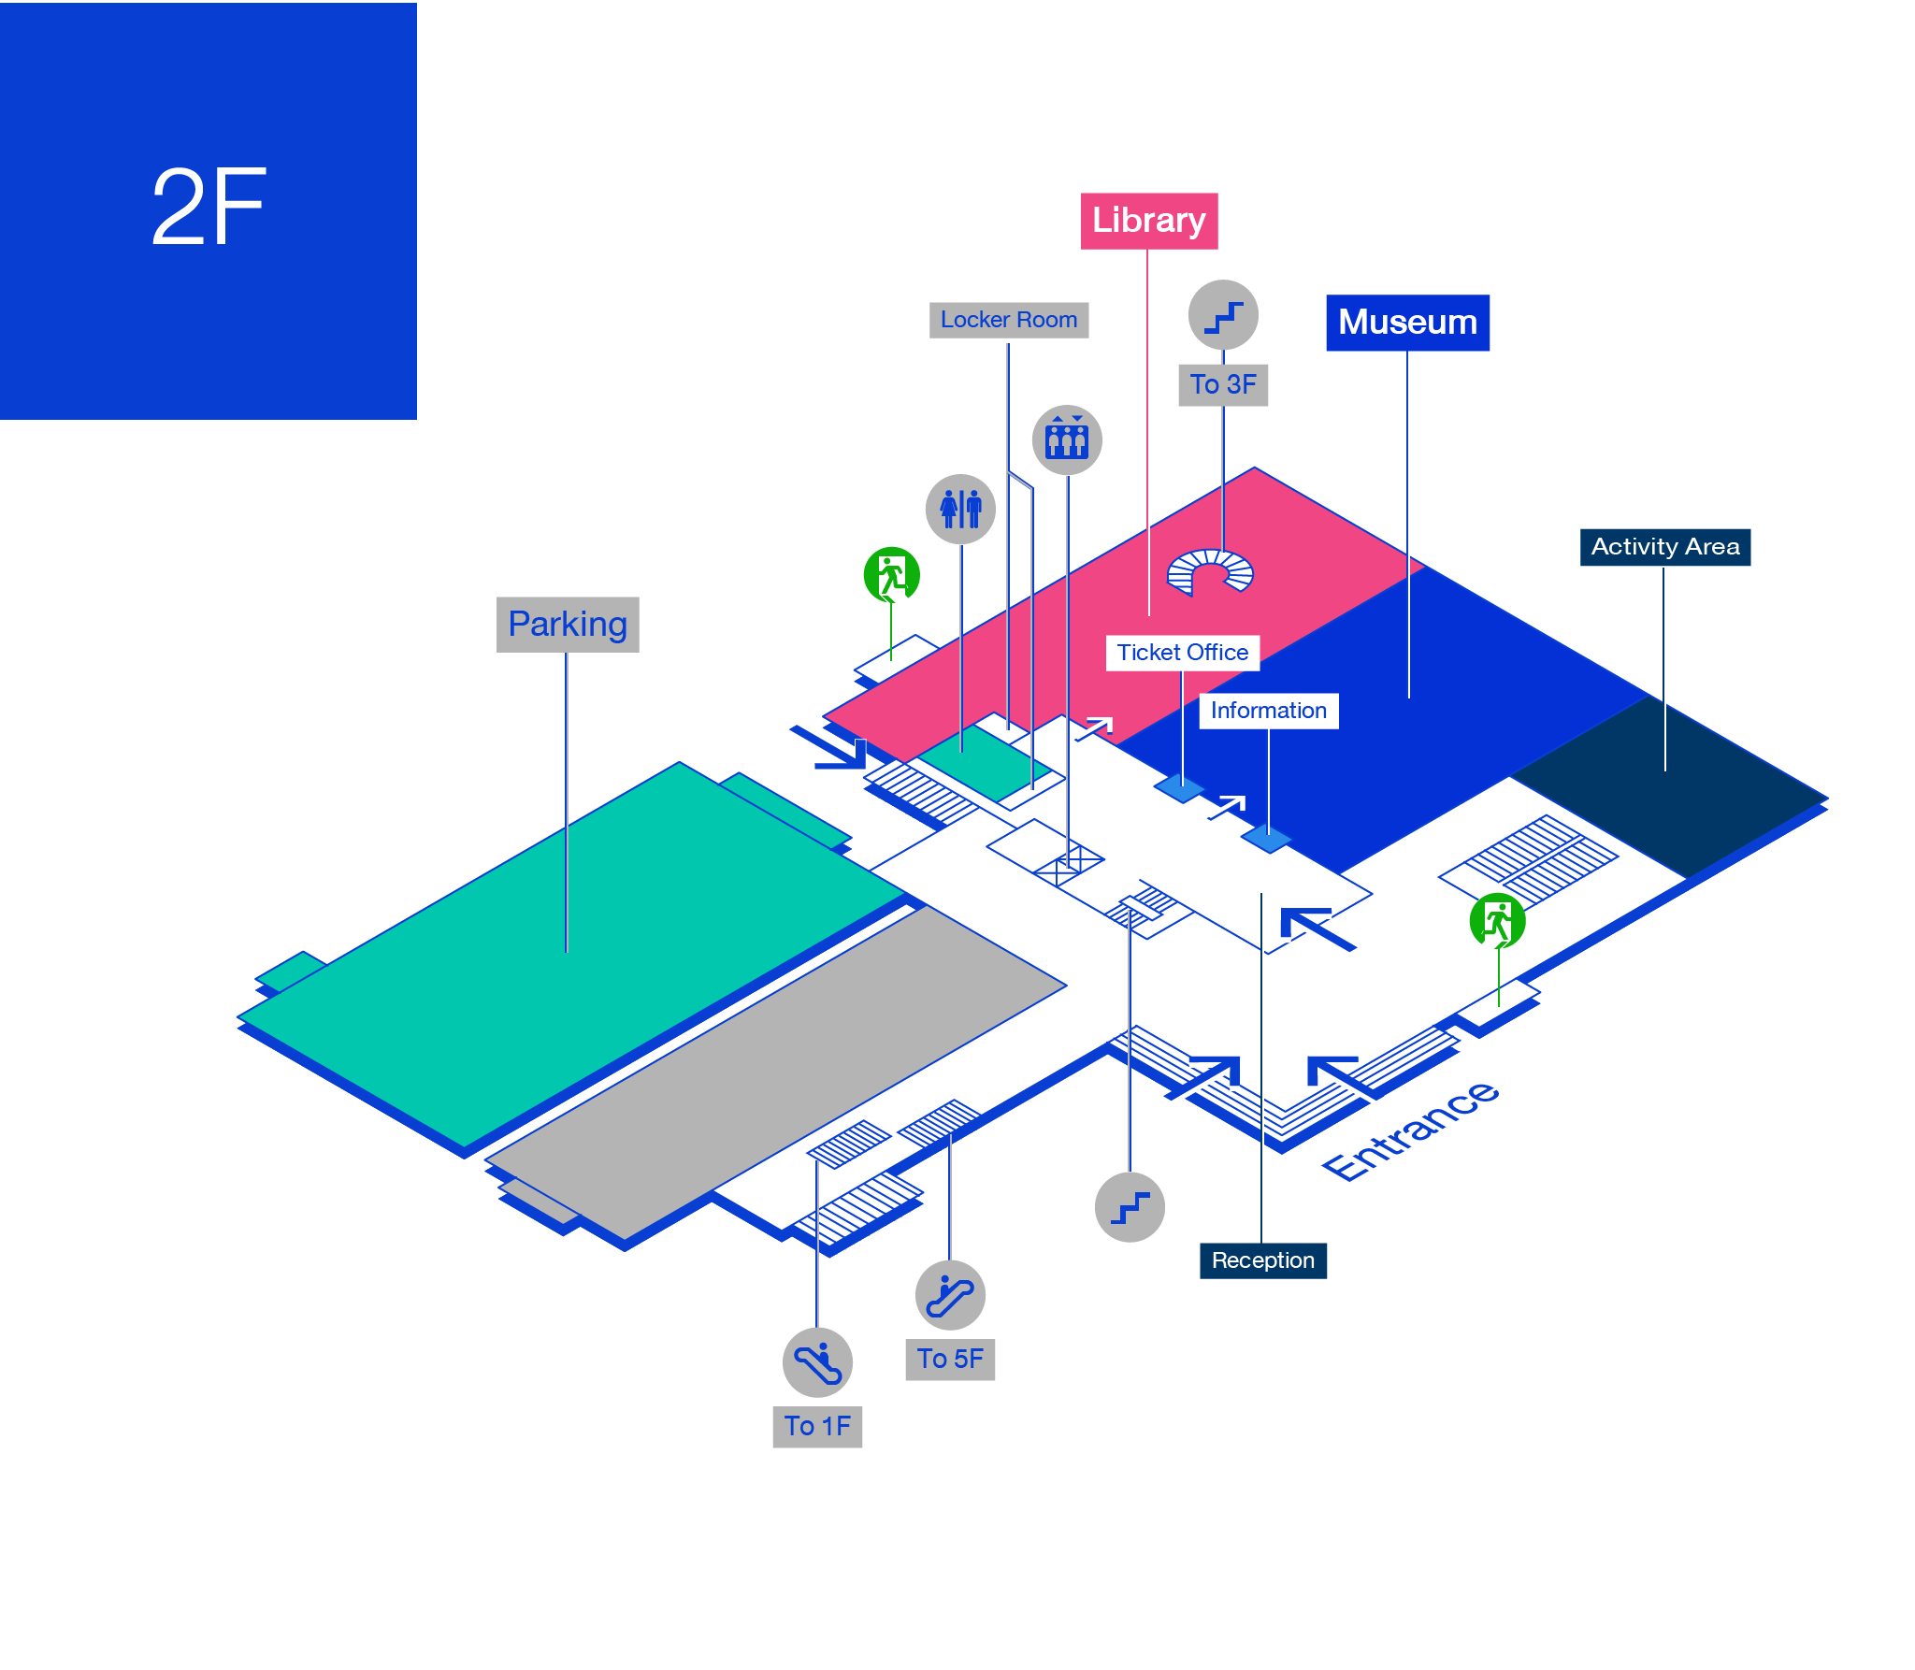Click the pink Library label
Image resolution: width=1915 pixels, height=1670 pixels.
click(1149, 221)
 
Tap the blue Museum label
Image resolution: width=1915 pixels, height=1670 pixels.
click(1407, 323)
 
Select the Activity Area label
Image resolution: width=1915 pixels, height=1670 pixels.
click(1665, 547)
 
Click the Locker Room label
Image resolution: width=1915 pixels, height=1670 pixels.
click(1009, 320)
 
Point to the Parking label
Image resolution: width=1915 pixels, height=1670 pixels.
click(568, 625)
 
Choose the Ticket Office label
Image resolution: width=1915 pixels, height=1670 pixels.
click(1183, 653)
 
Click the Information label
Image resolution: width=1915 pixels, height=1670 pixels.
click(1269, 711)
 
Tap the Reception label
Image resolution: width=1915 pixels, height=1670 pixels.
click(1263, 1260)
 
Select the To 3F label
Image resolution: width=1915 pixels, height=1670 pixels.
click(1223, 384)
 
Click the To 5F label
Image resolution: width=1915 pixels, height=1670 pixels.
click(950, 1359)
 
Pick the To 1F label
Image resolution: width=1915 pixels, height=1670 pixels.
click(817, 1426)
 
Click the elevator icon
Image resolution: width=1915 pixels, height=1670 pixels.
click(1067, 439)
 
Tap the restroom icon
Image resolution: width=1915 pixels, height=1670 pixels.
click(960, 509)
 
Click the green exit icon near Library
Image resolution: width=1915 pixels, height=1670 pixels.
click(892, 575)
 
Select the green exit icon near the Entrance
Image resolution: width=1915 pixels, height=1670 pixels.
click(1498, 921)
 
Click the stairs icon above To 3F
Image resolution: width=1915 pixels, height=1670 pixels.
click(1223, 314)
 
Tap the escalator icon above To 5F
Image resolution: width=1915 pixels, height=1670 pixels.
click(950, 1295)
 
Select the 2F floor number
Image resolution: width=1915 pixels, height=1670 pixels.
click(209, 208)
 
